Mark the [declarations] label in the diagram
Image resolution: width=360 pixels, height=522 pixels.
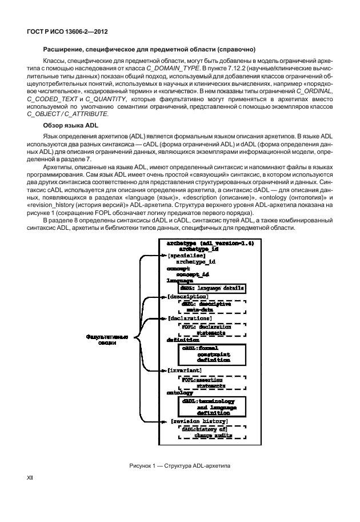pos(190,318)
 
